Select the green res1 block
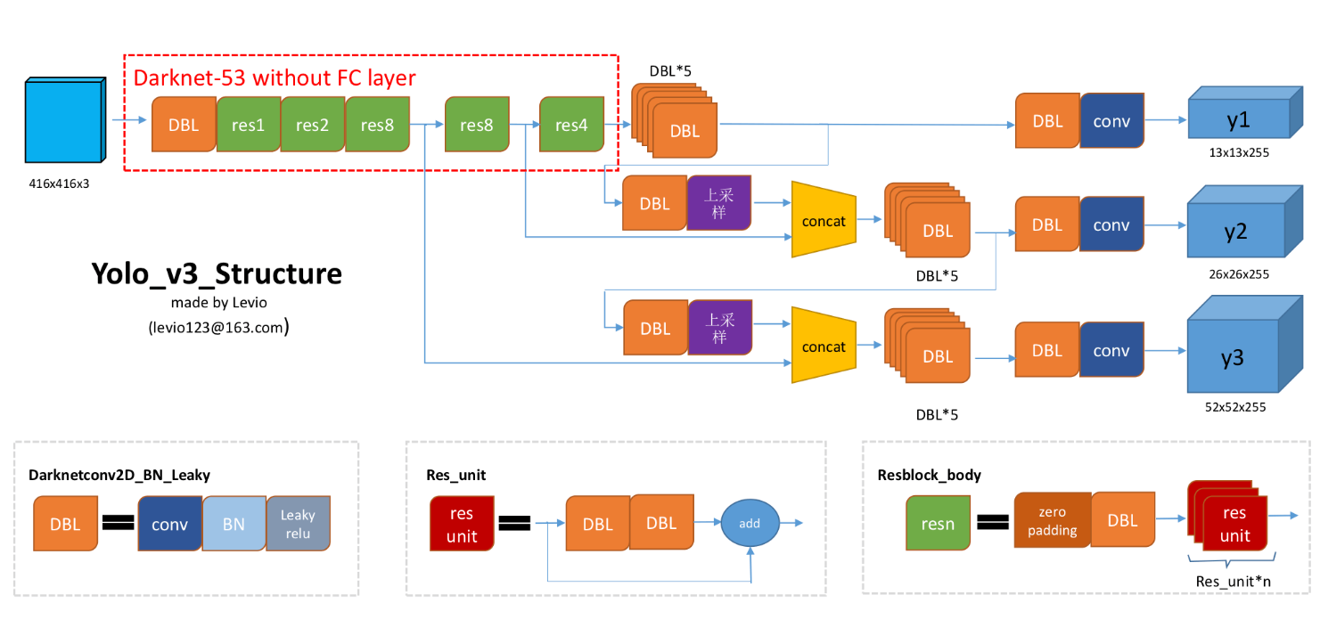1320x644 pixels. coord(249,126)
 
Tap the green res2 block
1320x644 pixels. coord(313,126)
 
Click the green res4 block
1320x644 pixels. coord(571,126)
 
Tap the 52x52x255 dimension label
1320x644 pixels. coord(1235,407)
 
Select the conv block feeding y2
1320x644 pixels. coord(1111,225)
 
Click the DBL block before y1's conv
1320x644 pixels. coord(1047,121)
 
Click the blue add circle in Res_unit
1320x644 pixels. coord(750,523)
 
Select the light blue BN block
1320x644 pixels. coord(234,524)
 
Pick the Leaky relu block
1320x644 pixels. coord(299,522)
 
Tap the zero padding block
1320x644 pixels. coord(1053,523)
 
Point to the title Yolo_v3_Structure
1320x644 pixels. coord(217,273)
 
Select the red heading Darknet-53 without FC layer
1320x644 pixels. coord(275,78)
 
